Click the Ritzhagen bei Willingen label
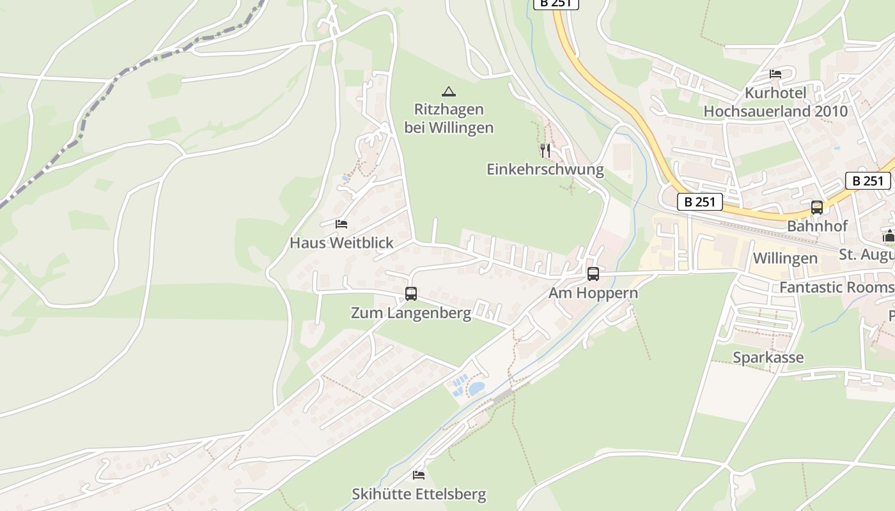coord(449,118)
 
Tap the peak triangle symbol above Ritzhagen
coord(449,91)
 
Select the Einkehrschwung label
coord(545,169)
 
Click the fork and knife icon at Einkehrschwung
coord(545,151)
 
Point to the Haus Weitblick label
coord(341,243)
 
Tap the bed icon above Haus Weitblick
coord(341,224)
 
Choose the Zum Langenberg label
coord(411,313)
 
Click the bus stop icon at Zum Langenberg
coord(411,294)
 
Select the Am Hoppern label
coord(593,293)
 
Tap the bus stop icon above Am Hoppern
coord(593,274)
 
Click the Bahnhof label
coord(817,226)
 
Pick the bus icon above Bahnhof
coord(817,208)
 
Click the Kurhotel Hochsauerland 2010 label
coord(775,102)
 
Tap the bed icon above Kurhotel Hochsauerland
coord(775,74)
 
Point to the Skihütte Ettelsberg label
coord(419,494)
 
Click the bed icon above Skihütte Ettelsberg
coord(419,475)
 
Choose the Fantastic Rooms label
coord(836,287)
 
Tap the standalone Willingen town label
coord(785,258)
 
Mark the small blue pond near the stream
coord(476,388)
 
